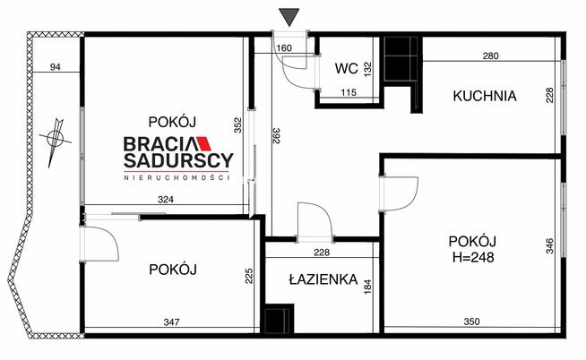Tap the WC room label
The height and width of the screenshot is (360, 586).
pyautogui.click(x=347, y=67)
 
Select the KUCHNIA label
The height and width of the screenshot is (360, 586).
pyautogui.click(x=484, y=96)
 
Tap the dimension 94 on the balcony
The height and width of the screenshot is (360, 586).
pyautogui.click(x=55, y=66)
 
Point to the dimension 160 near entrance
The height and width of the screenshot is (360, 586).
pyautogui.click(x=284, y=48)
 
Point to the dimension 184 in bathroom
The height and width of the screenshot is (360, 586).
pyautogui.click(x=366, y=287)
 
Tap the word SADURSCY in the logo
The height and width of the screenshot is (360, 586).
pyautogui.click(x=177, y=161)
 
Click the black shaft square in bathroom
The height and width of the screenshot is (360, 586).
pyautogui.click(x=280, y=320)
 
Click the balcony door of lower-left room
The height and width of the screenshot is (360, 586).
pyautogui.click(x=99, y=243)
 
